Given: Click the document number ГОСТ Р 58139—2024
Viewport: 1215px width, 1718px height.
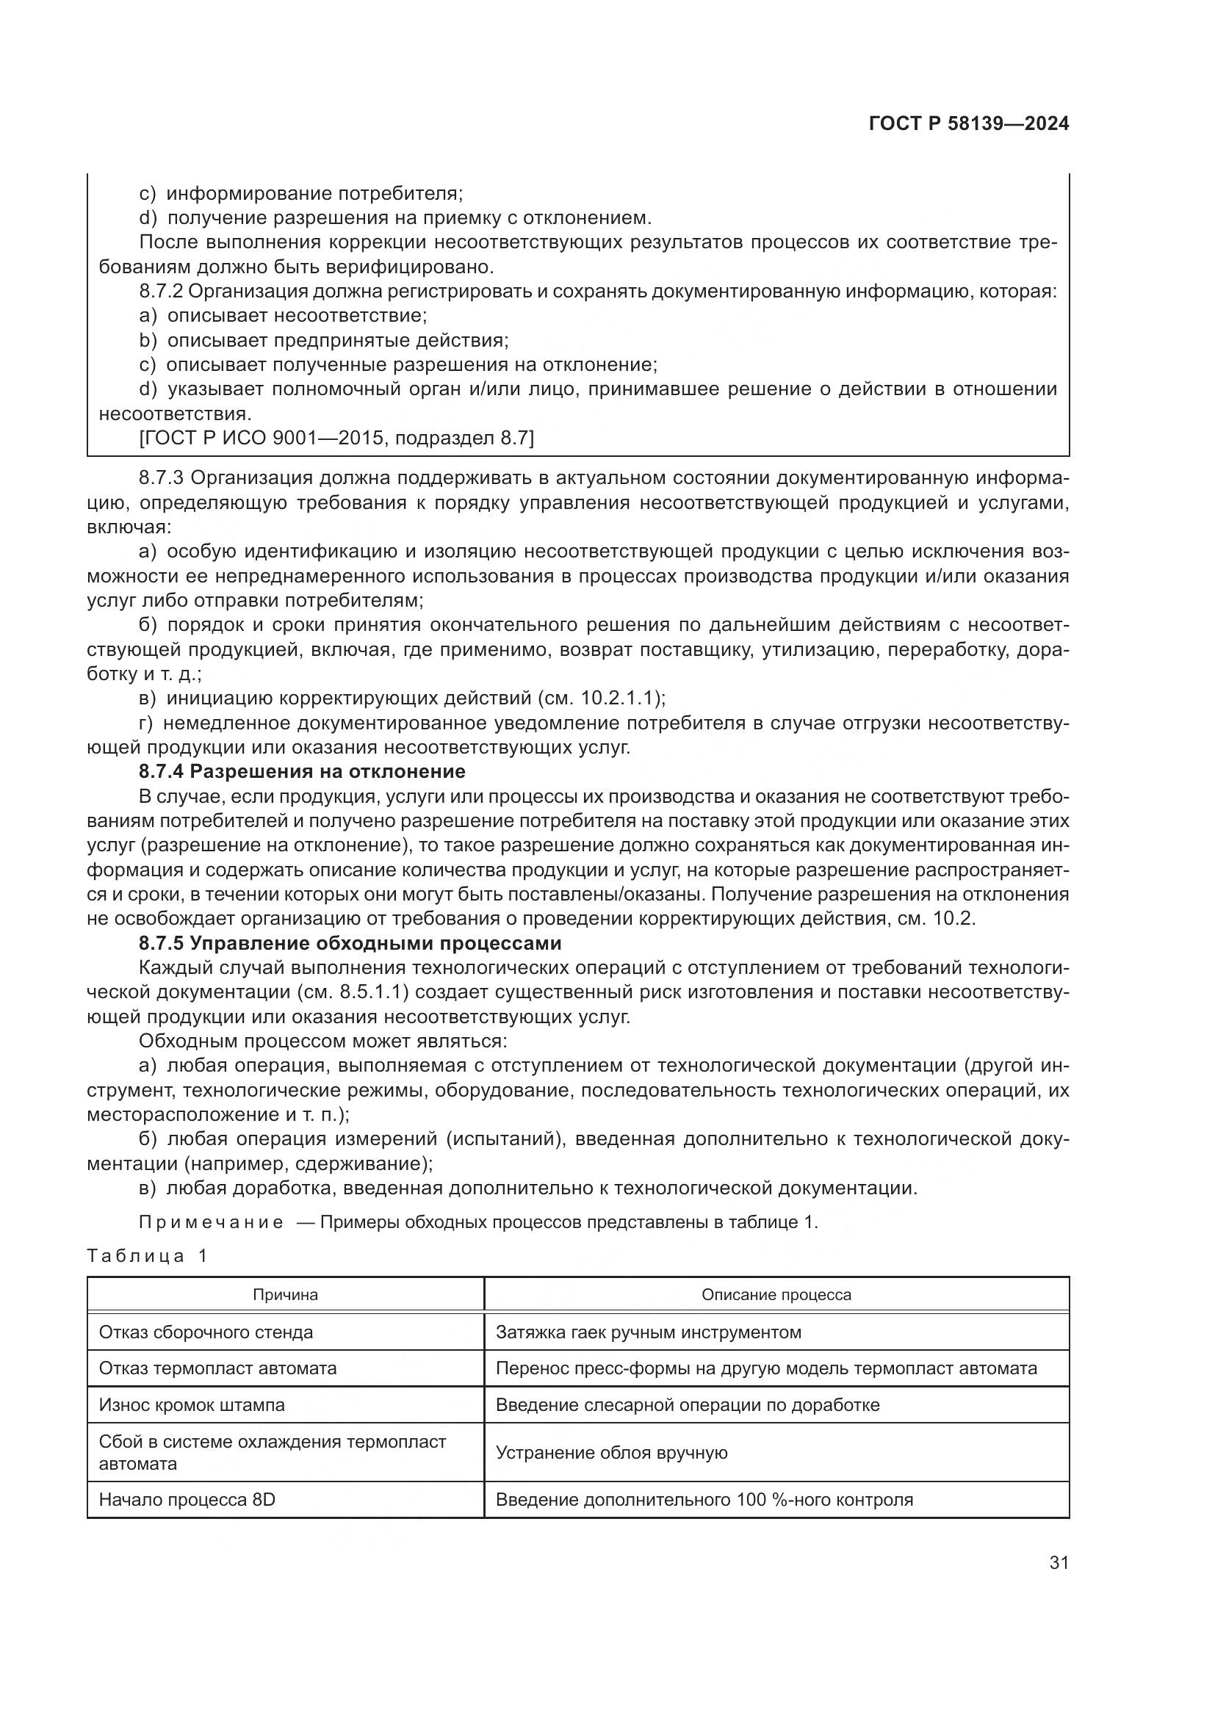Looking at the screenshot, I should tap(968, 124).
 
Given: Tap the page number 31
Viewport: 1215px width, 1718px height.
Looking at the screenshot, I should tap(1059, 1562).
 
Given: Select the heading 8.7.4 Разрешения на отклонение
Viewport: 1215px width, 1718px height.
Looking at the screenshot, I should tap(302, 771).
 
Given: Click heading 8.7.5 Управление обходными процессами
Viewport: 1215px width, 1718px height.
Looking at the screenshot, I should tap(350, 943).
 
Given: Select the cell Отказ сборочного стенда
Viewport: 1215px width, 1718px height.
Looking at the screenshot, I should tap(206, 1332).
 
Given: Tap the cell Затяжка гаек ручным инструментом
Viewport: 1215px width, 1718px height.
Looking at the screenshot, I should tap(648, 1332).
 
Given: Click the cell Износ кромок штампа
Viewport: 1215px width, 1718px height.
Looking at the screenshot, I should tap(192, 1405).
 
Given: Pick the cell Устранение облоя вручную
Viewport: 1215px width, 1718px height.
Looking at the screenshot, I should tap(611, 1453).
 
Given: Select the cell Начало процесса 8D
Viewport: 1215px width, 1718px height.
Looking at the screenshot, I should tap(187, 1501).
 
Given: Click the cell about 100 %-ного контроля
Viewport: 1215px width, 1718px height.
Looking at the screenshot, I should tap(704, 1501).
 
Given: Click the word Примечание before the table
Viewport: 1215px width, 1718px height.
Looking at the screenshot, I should tap(211, 1223).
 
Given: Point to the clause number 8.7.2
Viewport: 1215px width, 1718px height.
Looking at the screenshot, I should tap(162, 292).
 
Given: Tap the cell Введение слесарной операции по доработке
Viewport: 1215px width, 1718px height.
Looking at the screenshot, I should tap(688, 1405).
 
